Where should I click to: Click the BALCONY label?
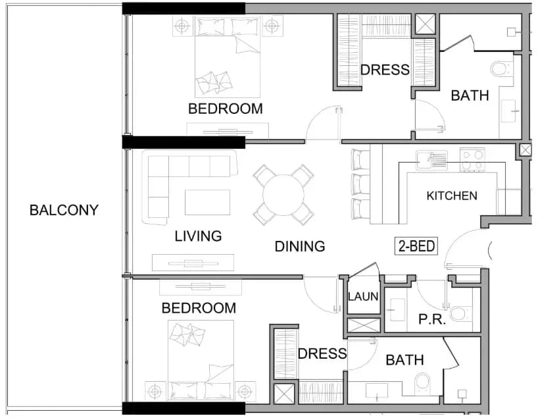(64, 210)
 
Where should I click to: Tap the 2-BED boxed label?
(416, 246)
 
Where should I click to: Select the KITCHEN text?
(452, 196)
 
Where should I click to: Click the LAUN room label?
(363, 296)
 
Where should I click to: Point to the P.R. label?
(432, 319)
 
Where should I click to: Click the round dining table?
(283, 195)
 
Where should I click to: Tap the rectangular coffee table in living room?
(207, 202)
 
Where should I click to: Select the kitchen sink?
(431, 160)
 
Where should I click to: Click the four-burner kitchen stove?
(472, 160)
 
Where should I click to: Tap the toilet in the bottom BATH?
(422, 384)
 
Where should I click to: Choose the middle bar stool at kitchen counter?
(360, 184)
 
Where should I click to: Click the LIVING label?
(198, 236)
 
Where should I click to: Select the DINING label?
(300, 246)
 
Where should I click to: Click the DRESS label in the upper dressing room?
(385, 70)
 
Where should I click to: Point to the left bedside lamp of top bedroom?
(182, 26)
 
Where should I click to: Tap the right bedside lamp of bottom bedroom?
(245, 391)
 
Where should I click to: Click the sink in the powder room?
(397, 309)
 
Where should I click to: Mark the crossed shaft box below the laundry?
(364, 325)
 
